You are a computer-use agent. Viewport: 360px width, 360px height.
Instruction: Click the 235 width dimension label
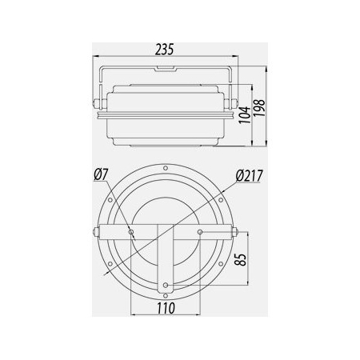pyautogui.click(x=165, y=50)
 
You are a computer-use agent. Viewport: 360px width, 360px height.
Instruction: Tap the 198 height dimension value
pyautogui.click(x=259, y=108)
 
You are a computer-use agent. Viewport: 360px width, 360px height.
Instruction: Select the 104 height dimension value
pyautogui.click(x=245, y=115)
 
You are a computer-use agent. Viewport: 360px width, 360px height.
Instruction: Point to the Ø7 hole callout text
pyautogui.click(x=101, y=175)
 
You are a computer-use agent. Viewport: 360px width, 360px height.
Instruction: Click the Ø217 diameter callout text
pyautogui.click(x=250, y=176)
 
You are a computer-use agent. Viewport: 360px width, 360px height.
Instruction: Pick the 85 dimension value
pyautogui.click(x=240, y=259)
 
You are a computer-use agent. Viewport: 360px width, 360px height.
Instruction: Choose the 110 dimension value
pyautogui.click(x=166, y=308)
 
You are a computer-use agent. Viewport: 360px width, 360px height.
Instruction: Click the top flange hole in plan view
pyautogui.click(x=166, y=168)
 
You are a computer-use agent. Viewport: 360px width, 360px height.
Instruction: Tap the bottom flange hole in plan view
pyautogui.click(x=166, y=296)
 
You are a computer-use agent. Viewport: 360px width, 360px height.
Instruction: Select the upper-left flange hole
pyautogui.click(x=110, y=200)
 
